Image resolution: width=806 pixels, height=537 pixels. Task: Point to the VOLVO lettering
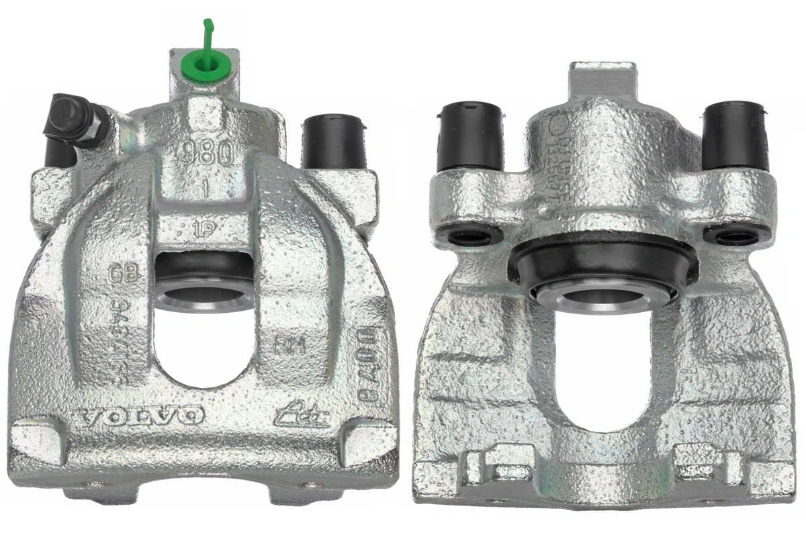(x=141, y=416)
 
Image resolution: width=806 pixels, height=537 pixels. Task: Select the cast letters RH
(x=289, y=346)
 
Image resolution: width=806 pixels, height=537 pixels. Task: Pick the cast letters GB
(x=124, y=273)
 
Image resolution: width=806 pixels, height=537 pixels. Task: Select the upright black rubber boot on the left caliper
(x=334, y=142)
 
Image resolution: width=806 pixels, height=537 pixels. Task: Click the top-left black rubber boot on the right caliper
(x=470, y=136)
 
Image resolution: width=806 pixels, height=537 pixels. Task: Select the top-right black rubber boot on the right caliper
(x=735, y=136)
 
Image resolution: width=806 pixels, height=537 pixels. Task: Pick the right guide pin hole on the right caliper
(x=737, y=237)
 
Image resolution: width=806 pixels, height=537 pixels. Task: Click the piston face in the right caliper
(x=601, y=295)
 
